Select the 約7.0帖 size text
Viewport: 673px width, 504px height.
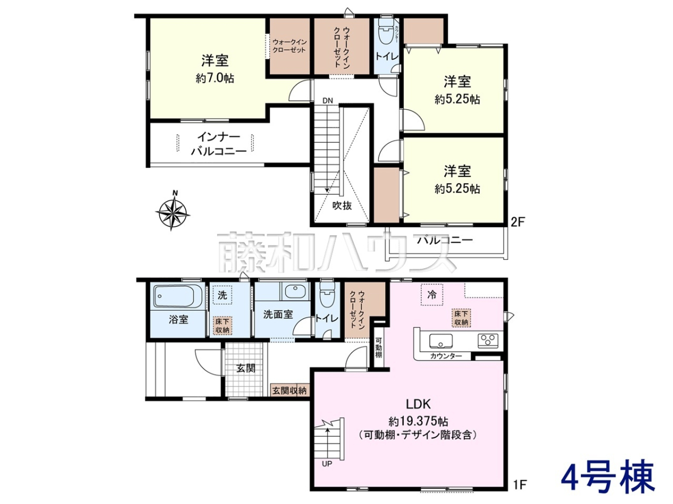tap(215, 78)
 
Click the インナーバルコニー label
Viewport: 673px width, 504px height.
tap(219, 144)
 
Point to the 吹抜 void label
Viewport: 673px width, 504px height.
tap(342, 206)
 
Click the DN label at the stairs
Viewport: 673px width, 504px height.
tap(328, 100)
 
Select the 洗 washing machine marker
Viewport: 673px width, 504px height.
tap(222, 295)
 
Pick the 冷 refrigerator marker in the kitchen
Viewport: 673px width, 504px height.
tap(431, 295)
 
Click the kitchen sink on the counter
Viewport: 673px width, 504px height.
tap(441, 341)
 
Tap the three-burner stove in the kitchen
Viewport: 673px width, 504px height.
tap(488, 341)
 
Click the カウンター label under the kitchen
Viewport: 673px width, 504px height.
tap(446, 356)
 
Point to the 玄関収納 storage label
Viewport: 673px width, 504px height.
tap(289, 390)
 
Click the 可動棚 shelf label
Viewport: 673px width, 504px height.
tap(379, 348)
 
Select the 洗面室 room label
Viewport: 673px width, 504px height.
tap(278, 314)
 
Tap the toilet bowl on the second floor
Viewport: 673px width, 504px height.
tap(385, 34)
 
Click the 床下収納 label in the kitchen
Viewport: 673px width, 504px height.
tap(461, 318)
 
